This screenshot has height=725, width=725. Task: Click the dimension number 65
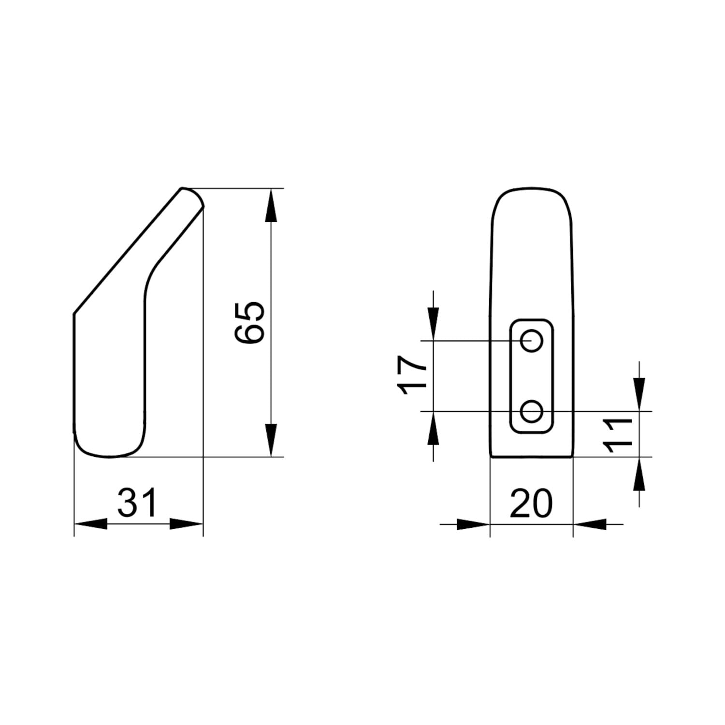249,322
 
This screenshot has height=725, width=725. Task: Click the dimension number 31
138,502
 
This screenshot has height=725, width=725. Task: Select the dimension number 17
412,376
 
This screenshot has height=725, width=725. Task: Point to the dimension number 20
531,503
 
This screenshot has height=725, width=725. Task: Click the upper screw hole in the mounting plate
532,341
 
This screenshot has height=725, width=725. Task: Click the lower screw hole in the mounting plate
532,412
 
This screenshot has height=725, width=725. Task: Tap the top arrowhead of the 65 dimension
271,205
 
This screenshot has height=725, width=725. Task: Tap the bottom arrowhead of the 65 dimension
271,440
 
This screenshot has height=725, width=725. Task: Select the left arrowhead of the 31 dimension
90,523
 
